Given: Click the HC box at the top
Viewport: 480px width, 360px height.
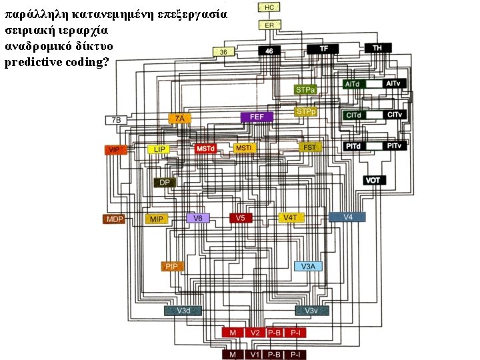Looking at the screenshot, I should pos(269,7).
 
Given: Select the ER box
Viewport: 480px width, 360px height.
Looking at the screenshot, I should pos(269,25).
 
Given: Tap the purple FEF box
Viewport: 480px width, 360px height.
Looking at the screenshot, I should pos(257,117).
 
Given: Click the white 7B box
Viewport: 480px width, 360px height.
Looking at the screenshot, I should pos(116,120).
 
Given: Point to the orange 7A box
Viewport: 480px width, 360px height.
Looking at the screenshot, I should pos(179,119).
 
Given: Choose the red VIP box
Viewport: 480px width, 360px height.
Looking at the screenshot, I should pos(114,150).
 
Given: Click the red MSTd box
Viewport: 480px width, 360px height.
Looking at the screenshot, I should pos(206,147).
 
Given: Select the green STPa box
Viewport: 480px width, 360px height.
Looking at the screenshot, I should pos(306,89).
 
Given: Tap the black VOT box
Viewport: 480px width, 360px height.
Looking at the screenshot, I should pos(373,180).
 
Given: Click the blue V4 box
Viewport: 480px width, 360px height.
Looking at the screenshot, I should pos(347,217).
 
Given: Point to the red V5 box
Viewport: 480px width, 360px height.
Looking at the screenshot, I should pos(240,218).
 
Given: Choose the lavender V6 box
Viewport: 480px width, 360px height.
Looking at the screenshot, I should pos(198,218).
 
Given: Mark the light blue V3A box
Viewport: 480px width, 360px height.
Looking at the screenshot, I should pos(309,266).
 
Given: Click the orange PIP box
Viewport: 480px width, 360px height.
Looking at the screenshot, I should pos(172,266).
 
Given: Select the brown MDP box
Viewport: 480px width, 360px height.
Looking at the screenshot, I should pos(114,219).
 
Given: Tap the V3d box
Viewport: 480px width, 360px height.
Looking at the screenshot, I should pos(183,311).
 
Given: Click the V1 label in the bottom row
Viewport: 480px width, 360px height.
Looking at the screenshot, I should pos(254,355).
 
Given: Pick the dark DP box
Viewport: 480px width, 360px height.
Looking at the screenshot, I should pos(164,182).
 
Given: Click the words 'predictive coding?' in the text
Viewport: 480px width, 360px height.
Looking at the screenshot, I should pos(57,63).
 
